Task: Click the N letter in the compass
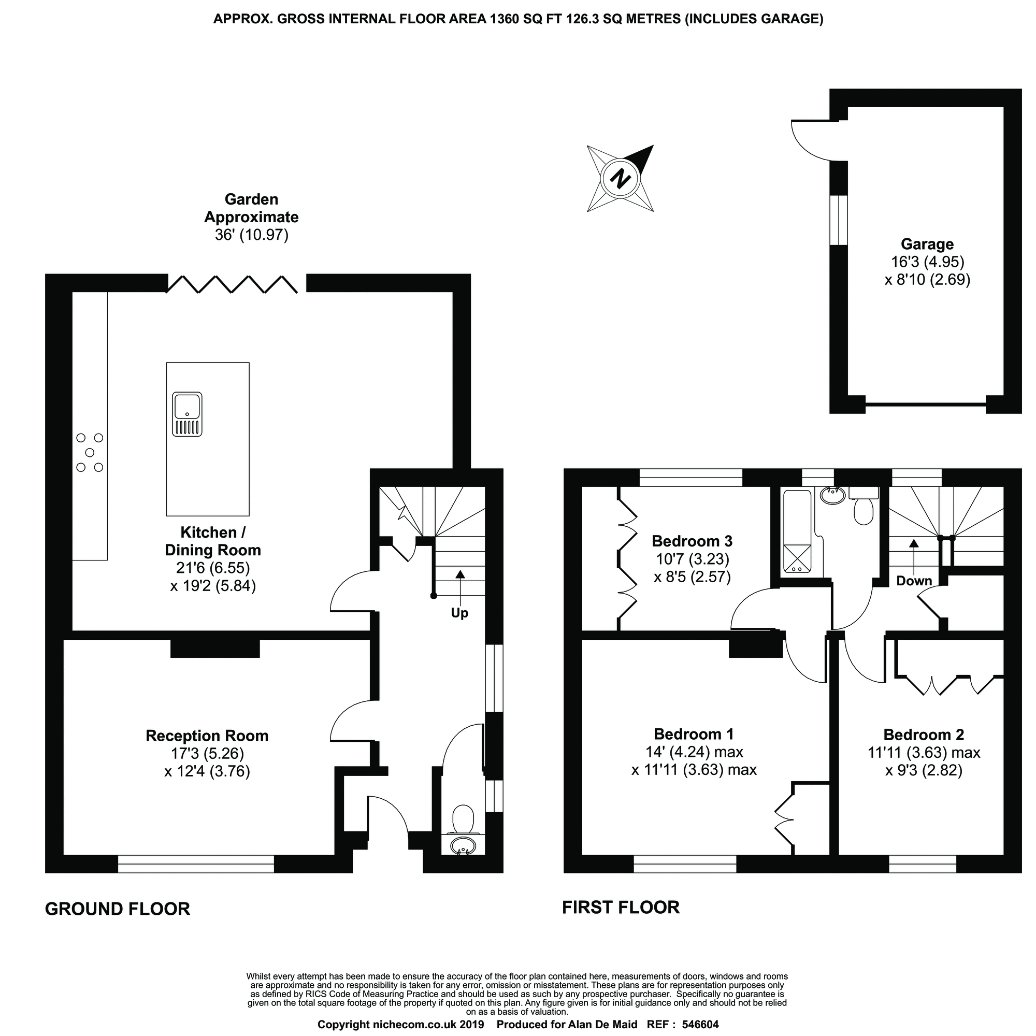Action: click(x=621, y=178)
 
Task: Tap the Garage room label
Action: click(x=927, y=244)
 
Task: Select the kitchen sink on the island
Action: click(x=187, y=414)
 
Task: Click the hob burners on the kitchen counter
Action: click(x=90, y=453)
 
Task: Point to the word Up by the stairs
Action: click(x=459, y=613)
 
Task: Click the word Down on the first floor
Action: click(x=914, y=581)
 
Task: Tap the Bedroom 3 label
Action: click(x=692, y=541)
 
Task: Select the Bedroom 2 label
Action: click(x=924, y=735)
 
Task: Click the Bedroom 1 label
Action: click(x=694, y=734)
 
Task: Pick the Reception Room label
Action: click(x=207, y=736)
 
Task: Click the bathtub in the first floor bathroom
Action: click(x=798, y=531)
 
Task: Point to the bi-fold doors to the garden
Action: click(x=232, y=284)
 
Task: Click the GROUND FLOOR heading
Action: click(x=118, y=909)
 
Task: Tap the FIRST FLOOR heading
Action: click(x=621, y=908)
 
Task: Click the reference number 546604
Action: click(x=700, y=1025)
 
